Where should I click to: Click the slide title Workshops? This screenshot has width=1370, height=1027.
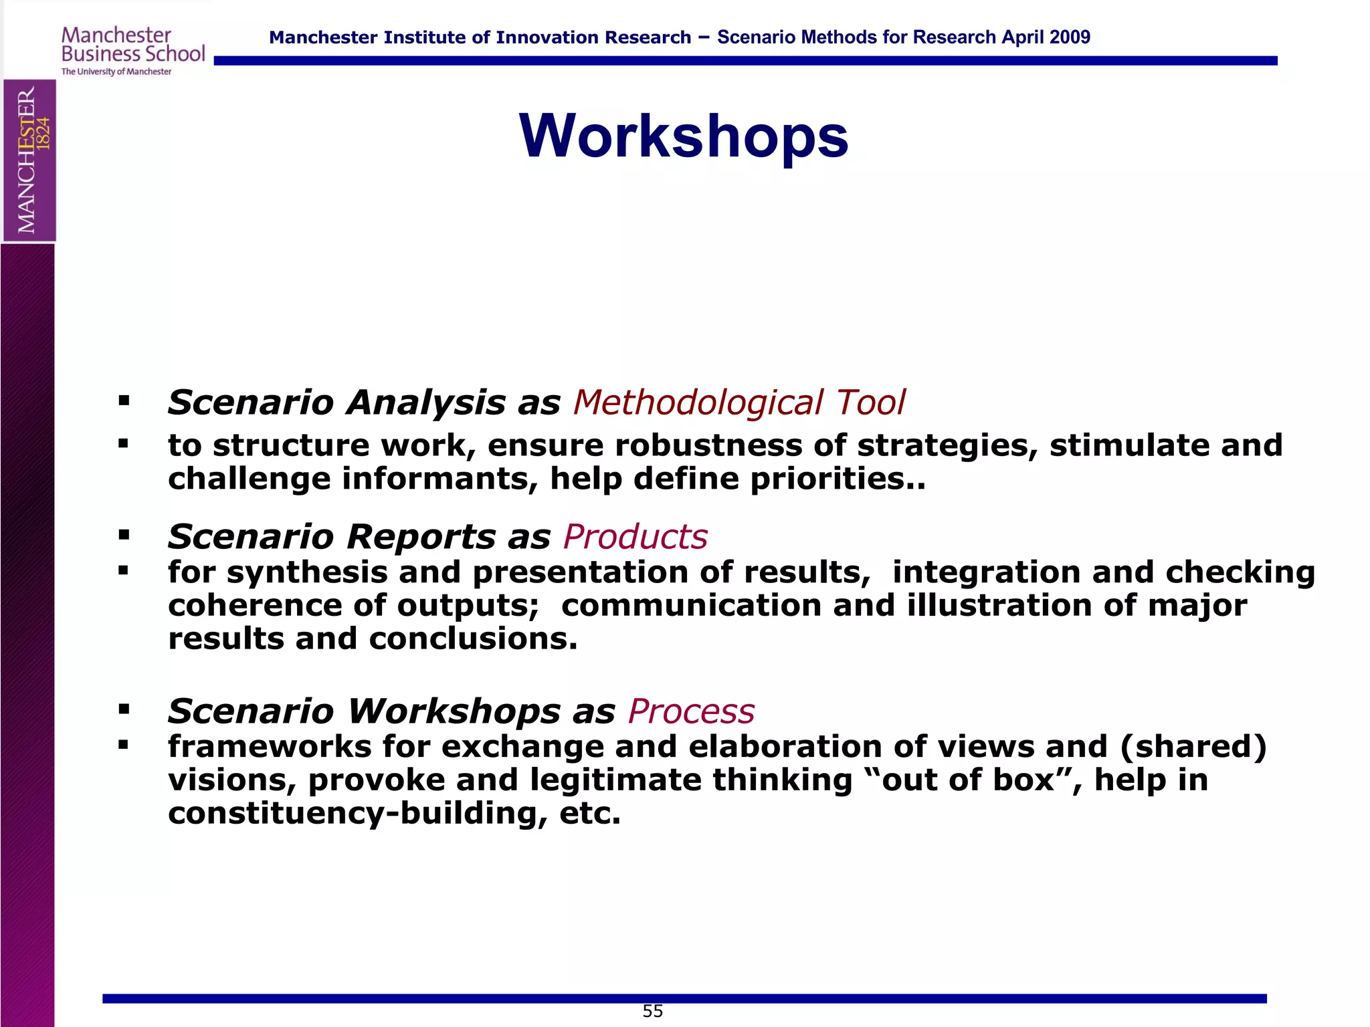pyautogui.click(x=683, y=136)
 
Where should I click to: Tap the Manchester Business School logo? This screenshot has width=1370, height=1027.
pyautogui.click(x=132, y=51)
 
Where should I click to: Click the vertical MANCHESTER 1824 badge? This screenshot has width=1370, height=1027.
pyautogui.click(x=29, y=160)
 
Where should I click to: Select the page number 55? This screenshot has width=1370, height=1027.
pyautogui.click(x=652, y=1011)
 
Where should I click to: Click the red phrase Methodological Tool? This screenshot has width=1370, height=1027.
pyautogui.click(x=739, y=403)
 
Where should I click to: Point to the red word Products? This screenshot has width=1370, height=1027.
pyautogui.click(x=635, y=536)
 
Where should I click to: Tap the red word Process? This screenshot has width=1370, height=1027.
pyautogui.click(x=691, y=711)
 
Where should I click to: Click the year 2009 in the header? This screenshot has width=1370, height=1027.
pyautogui.click(x=1070, y=37)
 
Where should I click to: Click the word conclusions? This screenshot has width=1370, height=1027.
pyautogui.click(x=472, y=639)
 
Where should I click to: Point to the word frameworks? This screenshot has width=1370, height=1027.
pyautogui.click(x=269, y=746)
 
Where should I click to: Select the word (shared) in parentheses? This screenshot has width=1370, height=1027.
pyautogui.click(x=1193, y=746)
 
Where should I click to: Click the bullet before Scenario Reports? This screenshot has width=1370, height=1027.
pyautogui.click(x=123, y=535)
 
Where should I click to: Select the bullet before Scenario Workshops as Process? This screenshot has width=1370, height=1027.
pyautogui.click(x=123, y=709)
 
